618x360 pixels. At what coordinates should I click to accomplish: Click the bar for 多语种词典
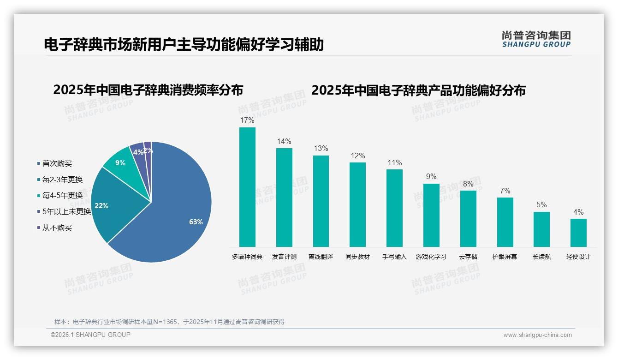pyautogui.click(x=247, y=187)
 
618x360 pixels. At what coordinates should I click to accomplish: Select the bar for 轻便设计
pyautogui.click(x=578, y=233)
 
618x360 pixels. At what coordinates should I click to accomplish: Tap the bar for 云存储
pyautogui.click(x=468, y=218)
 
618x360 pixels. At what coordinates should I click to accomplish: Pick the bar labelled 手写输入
pyautogui.click(x=394, y=208)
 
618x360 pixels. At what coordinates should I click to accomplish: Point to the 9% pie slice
pyautogui.click(x=121, y=162)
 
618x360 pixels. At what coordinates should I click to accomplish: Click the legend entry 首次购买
pyautogui.click(x=57, y=163)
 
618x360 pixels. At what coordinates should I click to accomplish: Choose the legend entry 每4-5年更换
pyautogui.click(x=62, y=196)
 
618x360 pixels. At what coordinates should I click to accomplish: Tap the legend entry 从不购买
pyautogui.click(x=57, y=228)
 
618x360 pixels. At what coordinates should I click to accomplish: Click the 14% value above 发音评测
pyautogui.click(x=284, y=142)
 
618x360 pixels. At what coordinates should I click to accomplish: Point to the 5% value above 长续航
pyautogui.click(x=541, y=205)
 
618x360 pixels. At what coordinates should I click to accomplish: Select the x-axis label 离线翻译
pyautogui.click(x=321, y=257)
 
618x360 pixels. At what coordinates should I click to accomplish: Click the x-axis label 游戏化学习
pyautogui.click(x=431, y=257)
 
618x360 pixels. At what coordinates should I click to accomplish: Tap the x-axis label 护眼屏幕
pyautogui.click(x=505, y=257)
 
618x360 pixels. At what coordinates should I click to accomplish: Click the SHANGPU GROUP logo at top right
pyautogui.click(x=536, y=39)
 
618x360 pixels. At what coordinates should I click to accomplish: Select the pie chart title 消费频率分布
pyautogui.click(x=148, y=90)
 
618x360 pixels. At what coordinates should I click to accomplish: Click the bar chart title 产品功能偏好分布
pyautogui.click(x=418, y=90)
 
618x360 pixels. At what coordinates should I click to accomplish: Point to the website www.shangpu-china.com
pyautogui.click(x=537, y=335)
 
